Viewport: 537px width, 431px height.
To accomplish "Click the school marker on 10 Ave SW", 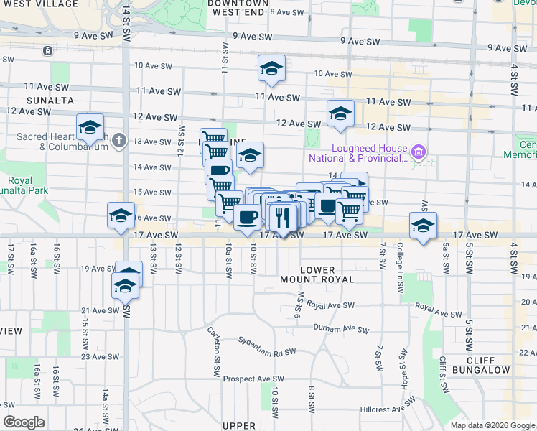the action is (x=271, y=69).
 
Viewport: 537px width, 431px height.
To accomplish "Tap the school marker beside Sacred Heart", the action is (x=90, y=128).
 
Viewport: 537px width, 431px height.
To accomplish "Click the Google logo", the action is (x=24, y=422).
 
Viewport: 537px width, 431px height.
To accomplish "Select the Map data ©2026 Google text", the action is (x=492, y=425).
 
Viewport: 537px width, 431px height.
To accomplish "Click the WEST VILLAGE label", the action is (x=40, y=4).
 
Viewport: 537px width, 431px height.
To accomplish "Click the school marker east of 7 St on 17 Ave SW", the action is (x=424, y=226).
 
